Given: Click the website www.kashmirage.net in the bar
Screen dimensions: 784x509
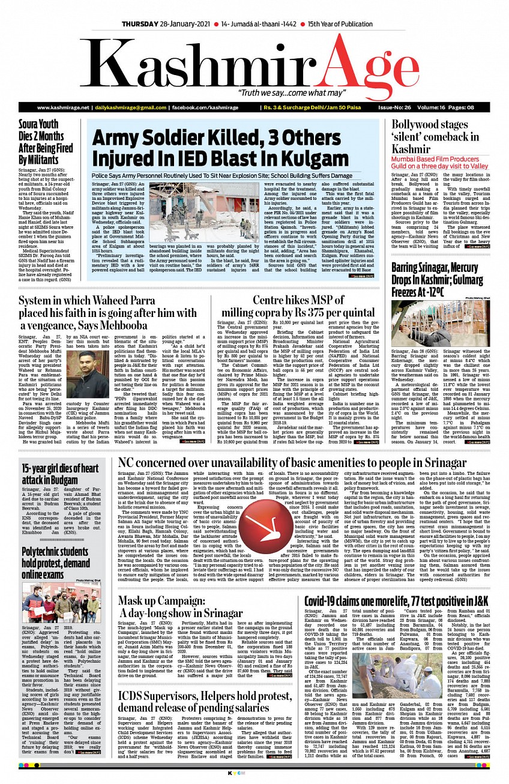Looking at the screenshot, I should pos(62,107).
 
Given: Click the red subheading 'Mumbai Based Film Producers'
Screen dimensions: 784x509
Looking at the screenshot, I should pos(439,161).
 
